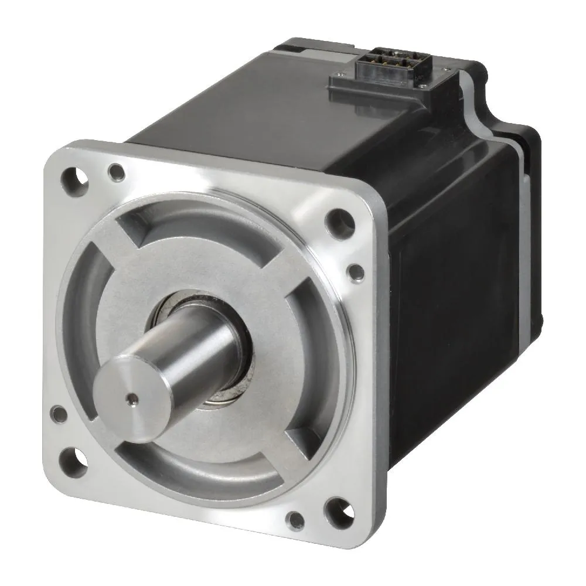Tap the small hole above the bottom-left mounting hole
(59, 414)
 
